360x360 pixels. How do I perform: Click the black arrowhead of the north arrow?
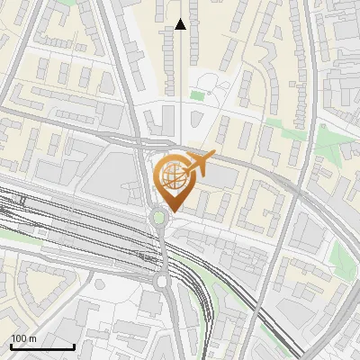pyautogui.click(x=180, y=24)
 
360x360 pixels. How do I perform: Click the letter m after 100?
pyautogui.click(x=32, y=338)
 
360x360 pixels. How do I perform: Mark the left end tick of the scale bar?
pyautogui.click(x=11, y=346)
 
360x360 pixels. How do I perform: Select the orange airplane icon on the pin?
pyautogui.click(x=198, y=164)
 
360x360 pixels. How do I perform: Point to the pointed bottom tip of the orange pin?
pyautogui.click(x=171, y=212)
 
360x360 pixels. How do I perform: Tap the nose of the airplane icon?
pyautogui.click(x=214, y=155)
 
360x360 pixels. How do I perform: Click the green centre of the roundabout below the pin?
pyautogui.click(x=159, y=217)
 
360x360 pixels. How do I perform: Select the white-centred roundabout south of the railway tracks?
pyautogui.click(x=163, y=282)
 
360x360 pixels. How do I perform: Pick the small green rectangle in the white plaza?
pyautogui.click(x=197, y=95)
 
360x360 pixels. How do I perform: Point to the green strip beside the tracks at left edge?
pyautogui.click(x=13, y=237)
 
